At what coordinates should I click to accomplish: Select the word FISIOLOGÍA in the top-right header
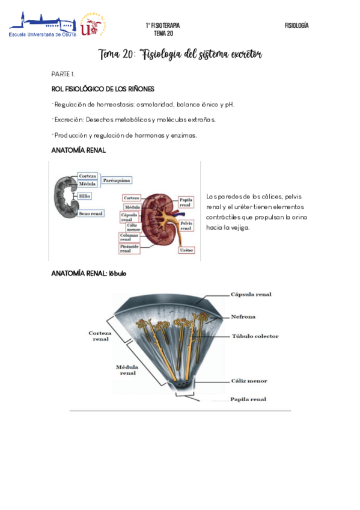[296, 25]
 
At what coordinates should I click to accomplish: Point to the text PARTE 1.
[63, 73]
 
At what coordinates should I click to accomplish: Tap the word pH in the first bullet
[229, 105]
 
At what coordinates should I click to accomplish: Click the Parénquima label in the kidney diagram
[117, 180]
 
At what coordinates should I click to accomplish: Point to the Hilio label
[85, 196]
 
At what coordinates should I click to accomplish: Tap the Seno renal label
[91, 214]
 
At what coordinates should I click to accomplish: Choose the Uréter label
[186, 250]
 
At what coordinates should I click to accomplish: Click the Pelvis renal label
[186, 226]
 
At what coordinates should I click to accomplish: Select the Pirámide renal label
[130, 248]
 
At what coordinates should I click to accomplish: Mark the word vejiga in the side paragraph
[239, 228]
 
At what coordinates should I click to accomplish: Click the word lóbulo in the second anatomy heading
[117, 273]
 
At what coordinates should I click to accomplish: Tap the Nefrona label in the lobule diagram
[243, 316]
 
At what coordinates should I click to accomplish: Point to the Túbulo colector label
[255, 336]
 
